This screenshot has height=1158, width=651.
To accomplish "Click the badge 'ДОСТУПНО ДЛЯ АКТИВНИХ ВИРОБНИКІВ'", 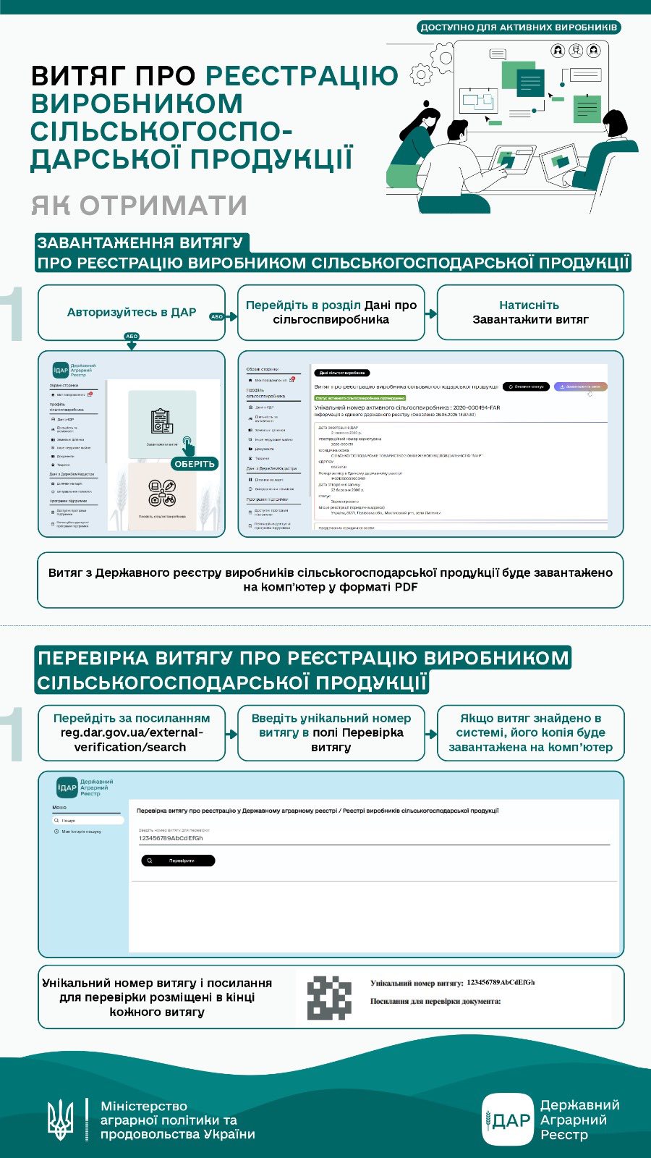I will [x=519, y=28].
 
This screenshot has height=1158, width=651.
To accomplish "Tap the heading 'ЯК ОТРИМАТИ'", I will [x=139, y=206].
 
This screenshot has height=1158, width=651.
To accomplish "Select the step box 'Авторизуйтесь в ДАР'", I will [x=132, y=313].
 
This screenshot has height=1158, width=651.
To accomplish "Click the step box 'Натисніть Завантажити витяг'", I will [x=530, y=313].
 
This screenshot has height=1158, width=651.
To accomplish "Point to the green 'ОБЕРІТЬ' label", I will [x=195, y=464].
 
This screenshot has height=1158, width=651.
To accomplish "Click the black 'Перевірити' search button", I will [x=178, y=861].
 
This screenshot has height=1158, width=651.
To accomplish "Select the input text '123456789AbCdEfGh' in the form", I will [x=171, y=838].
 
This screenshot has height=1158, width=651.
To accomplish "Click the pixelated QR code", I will [x=329, y=997].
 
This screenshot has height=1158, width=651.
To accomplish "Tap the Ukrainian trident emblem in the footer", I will [x=60, y=1120].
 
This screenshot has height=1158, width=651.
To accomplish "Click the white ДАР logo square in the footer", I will [x=508, y=1120].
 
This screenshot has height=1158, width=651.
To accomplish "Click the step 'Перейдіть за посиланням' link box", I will [x=132, y=732].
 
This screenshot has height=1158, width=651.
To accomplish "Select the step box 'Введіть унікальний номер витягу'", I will [x=331, y=732].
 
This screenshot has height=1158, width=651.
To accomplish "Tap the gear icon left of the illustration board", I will [x=420, y=75].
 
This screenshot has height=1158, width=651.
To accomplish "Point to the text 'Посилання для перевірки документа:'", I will [x=435, y=1001].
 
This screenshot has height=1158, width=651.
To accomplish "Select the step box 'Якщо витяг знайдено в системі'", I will [x=530, y=732].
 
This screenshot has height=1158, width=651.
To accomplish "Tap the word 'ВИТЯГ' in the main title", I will [x=77, y=76].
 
